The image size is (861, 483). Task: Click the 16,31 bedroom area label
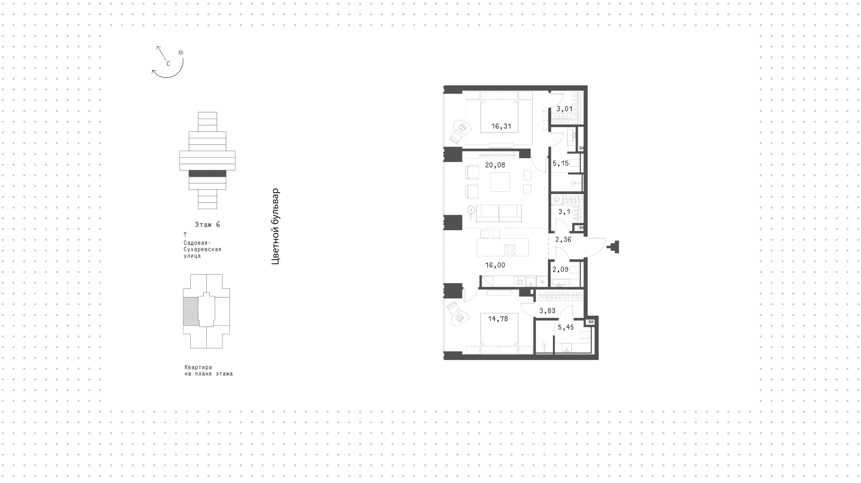[501, 126]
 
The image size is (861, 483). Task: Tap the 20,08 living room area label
[495, 165]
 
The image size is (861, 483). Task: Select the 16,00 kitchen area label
[495, 265]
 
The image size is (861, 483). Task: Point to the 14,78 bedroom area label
[498, 319]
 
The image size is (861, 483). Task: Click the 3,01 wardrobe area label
[565, 109]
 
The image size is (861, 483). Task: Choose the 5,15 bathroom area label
[561, 164]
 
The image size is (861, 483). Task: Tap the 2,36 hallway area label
[563, 240]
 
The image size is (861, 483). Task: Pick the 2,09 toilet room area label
[561, 270]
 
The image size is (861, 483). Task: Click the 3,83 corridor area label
[548, 311]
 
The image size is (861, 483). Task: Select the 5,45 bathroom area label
[566, 328]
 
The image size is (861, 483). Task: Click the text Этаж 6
[208, 224]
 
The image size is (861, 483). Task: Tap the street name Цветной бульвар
[275, 226]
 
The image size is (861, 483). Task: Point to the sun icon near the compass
[181, 52]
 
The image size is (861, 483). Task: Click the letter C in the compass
[168, 64]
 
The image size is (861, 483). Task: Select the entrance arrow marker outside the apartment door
[613, 247]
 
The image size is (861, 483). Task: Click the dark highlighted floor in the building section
[207, 174]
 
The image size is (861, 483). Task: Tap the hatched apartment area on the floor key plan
[191, 311]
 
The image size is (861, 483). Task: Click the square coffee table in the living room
[500, 182]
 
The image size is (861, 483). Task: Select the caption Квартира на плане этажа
[209, 371]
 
